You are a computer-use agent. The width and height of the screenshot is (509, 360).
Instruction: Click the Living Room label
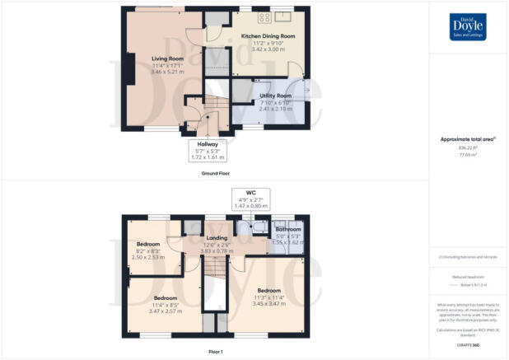pyautogui.click(x=166, y=58)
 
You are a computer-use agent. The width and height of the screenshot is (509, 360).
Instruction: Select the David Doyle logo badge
pyautogui.click(x=468, y=27)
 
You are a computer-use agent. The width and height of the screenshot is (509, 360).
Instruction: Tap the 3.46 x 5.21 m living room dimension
pyautogui.click(x=166, y=72)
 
